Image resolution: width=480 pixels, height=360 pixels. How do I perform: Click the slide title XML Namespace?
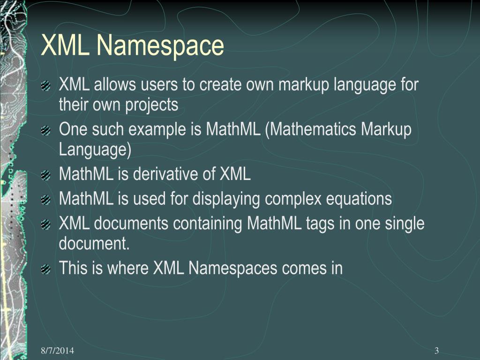click(133, 46)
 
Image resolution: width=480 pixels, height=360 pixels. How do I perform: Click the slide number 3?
click(436, 351)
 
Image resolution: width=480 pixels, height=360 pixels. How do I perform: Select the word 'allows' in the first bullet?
click(111, 85)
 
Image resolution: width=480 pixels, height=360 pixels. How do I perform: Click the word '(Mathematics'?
click(310, 130)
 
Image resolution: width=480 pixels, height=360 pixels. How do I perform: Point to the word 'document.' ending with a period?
click(94, 244)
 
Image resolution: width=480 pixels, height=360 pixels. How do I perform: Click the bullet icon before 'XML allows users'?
click(45, 86)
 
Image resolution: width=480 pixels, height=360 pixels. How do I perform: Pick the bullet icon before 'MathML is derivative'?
click(45, 175)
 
